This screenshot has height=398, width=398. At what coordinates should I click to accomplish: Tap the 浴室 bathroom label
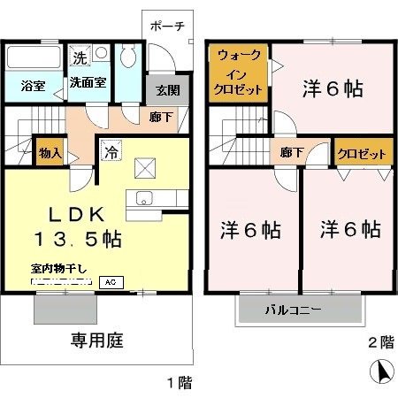34,86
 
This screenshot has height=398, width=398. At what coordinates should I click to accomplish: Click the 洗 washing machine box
79,58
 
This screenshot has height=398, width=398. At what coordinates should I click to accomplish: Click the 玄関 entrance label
167,89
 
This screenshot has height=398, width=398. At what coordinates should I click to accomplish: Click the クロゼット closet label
363,153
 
